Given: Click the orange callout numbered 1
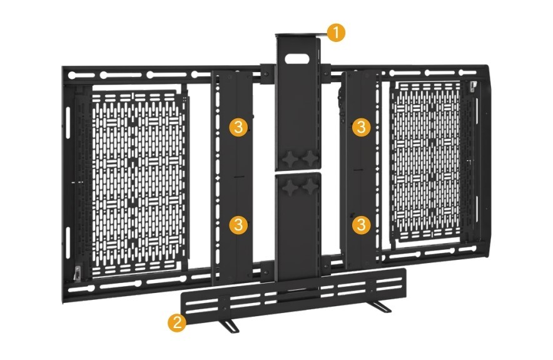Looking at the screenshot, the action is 336,33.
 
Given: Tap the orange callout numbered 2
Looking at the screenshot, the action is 176,322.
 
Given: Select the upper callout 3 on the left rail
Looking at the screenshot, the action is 238,126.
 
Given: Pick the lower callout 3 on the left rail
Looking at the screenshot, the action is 238,224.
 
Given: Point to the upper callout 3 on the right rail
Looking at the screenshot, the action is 361,126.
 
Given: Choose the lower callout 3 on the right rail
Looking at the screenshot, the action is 361,224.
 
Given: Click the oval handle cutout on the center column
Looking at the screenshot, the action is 297,59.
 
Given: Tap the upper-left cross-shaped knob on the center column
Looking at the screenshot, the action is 290,158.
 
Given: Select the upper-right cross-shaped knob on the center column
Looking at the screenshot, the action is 310,158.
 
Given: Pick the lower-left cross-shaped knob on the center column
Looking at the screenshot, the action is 290,187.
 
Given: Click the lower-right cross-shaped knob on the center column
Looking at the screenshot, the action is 310,187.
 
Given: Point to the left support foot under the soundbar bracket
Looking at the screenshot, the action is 227,326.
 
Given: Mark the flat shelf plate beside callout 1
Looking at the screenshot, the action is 301,35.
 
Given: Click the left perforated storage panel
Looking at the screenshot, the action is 138,183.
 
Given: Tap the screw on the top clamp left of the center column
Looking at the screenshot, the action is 266,74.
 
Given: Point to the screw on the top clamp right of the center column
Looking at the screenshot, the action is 325,74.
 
